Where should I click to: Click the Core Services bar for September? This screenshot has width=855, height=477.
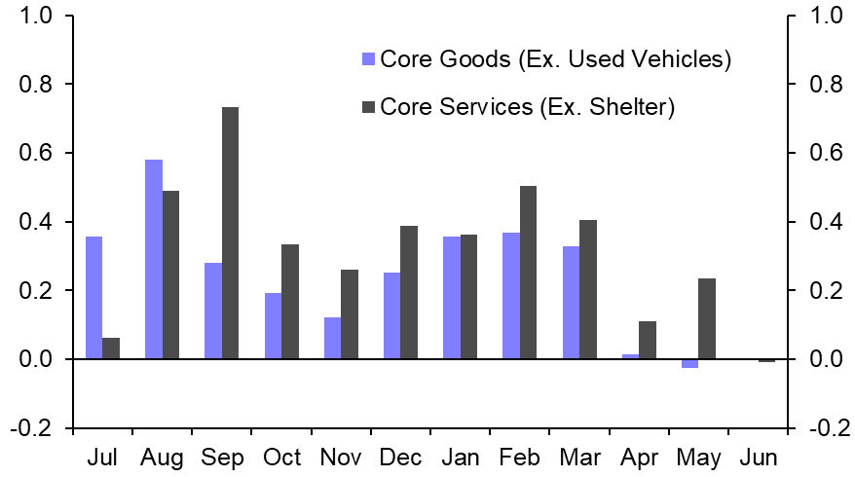pos(230,233)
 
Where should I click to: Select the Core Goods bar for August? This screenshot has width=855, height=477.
pos(153,259)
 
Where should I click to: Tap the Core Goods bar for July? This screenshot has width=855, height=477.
pos(93,298)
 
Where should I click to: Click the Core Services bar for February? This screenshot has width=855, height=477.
pos(529,273)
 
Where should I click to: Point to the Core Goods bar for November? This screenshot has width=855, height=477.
pos(332,338)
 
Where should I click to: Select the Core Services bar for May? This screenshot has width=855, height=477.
pos(707,318)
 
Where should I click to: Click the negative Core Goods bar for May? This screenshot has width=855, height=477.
pos(689,363)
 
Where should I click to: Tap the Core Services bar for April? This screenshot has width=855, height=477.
pos(648,340)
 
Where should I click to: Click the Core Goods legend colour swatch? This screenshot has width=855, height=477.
pos(367,59)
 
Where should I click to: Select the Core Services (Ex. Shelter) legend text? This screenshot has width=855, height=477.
pos(527,106)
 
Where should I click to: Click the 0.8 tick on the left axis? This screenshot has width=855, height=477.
pos(37,85)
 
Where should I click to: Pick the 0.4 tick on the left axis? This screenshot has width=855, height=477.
pos(37,222)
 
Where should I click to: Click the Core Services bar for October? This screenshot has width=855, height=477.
pos(290,302)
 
